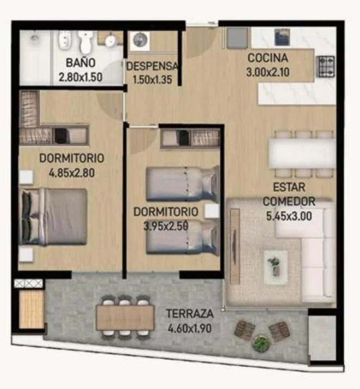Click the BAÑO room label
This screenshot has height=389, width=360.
pos(80,63)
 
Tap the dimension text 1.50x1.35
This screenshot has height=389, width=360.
pos(152,80)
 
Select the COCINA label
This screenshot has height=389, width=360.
pos(268,58)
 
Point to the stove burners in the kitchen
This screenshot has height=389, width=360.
pos(326,66)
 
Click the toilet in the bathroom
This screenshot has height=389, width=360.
pos(85,42)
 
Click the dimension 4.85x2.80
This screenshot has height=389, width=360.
pos(72,173)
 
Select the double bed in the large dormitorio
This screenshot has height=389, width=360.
pos(53,217)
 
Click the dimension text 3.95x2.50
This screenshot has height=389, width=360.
pos(166,226)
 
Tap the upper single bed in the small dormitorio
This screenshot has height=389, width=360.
pos(183,183)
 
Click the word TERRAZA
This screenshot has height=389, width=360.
pos(190,313)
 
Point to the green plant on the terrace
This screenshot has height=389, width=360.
pos(261,343)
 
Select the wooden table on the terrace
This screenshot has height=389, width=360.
pos(125,318)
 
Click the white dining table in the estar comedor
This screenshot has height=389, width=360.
pos(302,153)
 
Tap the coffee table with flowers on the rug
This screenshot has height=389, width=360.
pos(276,267)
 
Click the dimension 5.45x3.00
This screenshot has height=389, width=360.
pos(289,217)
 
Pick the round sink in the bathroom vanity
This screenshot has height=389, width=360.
pos(110,41)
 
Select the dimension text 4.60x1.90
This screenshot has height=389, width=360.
pos(190,329)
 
